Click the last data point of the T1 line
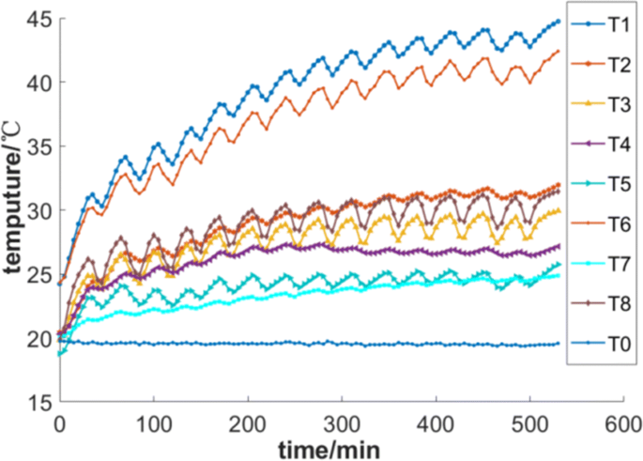point(558,21)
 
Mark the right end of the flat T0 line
point(558,344)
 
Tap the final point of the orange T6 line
point(558,52)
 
